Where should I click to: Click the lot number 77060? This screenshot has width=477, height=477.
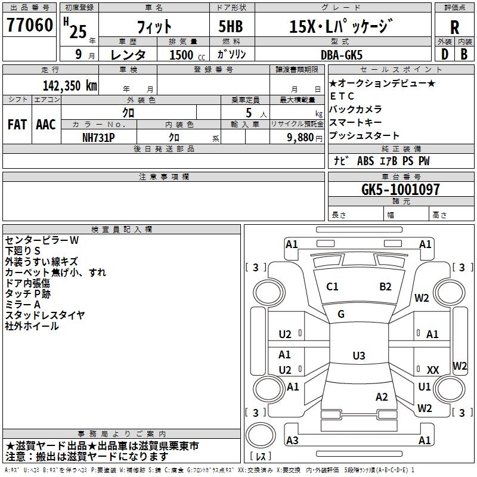(29, 25)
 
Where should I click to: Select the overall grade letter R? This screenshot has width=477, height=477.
(454, 27)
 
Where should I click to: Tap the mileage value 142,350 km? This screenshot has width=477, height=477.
(70, 86)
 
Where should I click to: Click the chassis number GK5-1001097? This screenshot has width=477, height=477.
(401, 189)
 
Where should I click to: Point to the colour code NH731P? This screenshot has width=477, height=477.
(98, 138)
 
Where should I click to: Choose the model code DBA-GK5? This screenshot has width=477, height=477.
(342, 55)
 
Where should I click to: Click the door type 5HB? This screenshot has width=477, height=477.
(231, 26)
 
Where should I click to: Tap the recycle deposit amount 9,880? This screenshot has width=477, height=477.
(301, 138)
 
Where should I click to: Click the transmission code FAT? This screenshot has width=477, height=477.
(17, 125)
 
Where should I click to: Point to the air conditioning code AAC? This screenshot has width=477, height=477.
(46, 125)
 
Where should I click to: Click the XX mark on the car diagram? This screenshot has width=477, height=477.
(433, 370)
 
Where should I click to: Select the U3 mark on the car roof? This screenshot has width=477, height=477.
(359, 355)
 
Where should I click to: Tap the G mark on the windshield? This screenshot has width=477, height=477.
(341, 314)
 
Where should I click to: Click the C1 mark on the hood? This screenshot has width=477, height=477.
(332, 287)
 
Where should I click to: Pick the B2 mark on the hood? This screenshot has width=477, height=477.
(385, 287)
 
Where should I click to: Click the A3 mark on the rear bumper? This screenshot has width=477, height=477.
(292, 440)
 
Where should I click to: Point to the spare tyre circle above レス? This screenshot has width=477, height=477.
(261, 435)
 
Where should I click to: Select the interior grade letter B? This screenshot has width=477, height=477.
(464, 54)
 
